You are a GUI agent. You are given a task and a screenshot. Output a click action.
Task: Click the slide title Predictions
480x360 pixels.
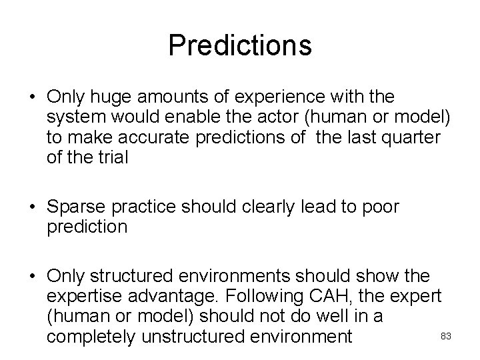click(x=240, y=46)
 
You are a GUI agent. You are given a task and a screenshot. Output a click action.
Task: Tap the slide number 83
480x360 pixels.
click(x=447, y=337)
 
